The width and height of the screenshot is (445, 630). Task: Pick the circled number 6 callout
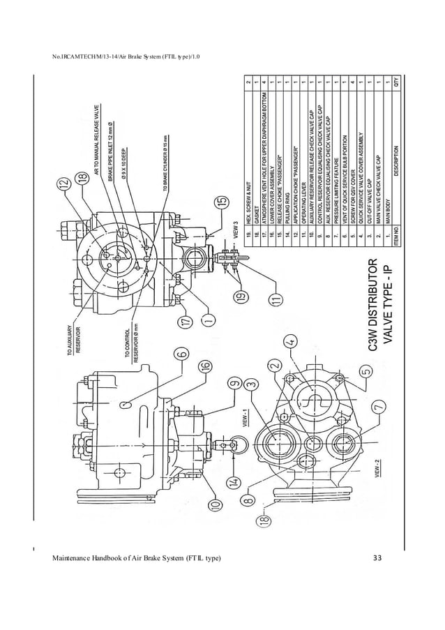click(x=181, y=354)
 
